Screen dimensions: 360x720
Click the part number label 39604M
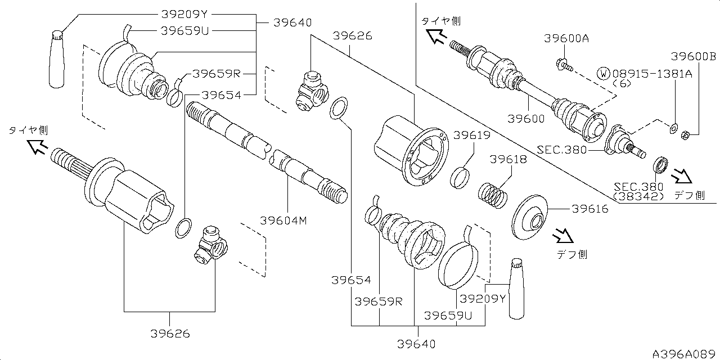coord(283,220)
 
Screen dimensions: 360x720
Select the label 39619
coord(472,136)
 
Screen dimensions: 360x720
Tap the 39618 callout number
coord(508,160)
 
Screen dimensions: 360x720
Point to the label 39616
coord(590,209)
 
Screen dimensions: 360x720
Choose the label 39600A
coord(566,38)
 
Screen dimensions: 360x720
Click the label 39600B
coord(694,56)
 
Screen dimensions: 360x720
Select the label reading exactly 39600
coord(526,119)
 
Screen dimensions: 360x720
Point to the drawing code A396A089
coord(684,354)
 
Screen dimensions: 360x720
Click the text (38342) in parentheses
coord(638,196)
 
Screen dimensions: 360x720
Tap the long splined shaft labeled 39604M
coord(267,152)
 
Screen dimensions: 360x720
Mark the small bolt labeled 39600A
coord(563,65)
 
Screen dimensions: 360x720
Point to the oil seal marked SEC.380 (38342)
coord(660,166)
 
